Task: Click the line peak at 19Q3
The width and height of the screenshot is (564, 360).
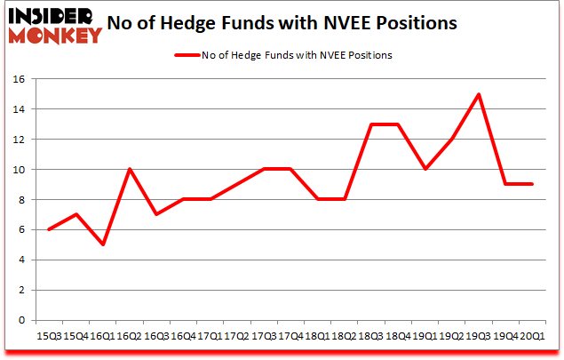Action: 479,94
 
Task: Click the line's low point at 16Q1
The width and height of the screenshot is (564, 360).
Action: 103,244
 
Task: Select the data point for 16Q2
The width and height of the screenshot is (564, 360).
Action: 130,170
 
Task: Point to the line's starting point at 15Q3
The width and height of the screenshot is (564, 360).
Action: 50,229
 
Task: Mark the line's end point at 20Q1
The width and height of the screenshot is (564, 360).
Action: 532,184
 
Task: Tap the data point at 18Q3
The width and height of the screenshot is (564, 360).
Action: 371,124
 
